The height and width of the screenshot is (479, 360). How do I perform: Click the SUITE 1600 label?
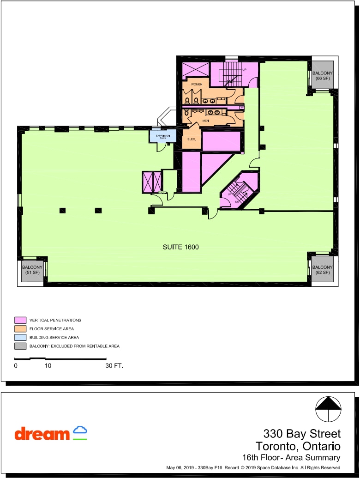[180, 247]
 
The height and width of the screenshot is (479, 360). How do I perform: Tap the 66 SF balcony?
[322, 76]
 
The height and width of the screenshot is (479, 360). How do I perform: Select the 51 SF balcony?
[32, 270]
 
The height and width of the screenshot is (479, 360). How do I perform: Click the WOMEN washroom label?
[197, 85]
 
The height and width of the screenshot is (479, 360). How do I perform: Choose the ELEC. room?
[192, 139]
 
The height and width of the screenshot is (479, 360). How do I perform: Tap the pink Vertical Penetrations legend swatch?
[20, 320]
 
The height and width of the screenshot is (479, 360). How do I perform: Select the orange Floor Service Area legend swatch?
[20, 328]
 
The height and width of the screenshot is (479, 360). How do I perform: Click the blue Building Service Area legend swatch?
[20, 337]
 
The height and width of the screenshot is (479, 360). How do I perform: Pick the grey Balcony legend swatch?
[20, 346]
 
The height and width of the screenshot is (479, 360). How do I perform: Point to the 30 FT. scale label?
[114, 365]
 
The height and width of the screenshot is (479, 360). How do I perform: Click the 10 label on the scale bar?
[48, 365]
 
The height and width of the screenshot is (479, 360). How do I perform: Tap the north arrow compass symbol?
[328, 409]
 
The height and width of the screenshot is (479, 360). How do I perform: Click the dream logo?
[51, 433]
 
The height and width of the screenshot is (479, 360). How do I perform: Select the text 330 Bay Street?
[302, 434]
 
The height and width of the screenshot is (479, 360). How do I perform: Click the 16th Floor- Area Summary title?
[291, 458]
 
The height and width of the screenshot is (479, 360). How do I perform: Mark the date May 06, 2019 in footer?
[180, 468]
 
